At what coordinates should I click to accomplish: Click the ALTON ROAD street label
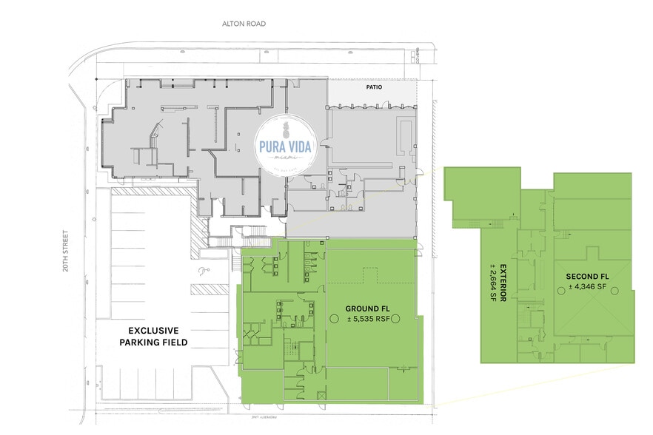[244, 24]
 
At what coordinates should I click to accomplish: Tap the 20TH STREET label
[66, 250]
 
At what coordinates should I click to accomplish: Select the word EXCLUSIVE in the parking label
[154, 330]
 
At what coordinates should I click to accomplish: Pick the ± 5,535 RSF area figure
[366, 319]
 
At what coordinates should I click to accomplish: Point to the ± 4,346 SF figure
[586, 286]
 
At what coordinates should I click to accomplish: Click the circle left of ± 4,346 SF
[560, 290]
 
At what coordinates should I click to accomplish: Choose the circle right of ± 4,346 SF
[614, 290]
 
